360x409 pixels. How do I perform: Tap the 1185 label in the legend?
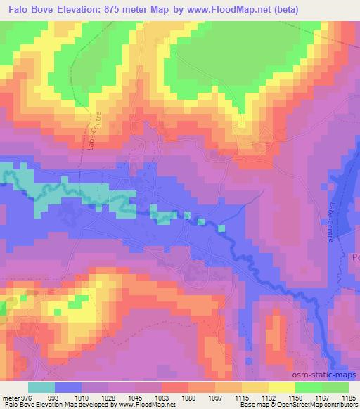pos(343,397)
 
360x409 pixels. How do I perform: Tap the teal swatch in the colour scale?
pos(41,387)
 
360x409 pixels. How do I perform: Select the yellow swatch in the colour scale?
pos(281,387)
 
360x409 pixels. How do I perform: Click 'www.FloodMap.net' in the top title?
pos(226,10)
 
